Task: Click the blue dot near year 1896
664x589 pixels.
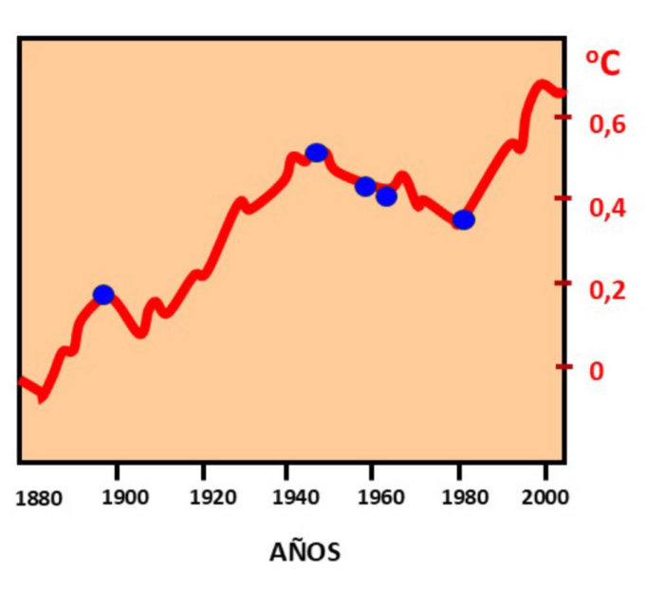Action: [103, 294]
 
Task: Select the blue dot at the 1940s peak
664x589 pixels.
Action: [317, 153]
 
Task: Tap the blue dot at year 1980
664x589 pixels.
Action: [463, 220]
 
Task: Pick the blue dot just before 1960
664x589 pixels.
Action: [365, 186]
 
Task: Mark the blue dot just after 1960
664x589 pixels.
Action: [386, 196]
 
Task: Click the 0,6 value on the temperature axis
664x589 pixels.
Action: [609, 125]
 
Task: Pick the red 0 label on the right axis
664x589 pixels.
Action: [597, 370]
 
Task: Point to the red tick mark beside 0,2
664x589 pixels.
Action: [566, 284]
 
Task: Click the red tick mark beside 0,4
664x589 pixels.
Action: [566, 198]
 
